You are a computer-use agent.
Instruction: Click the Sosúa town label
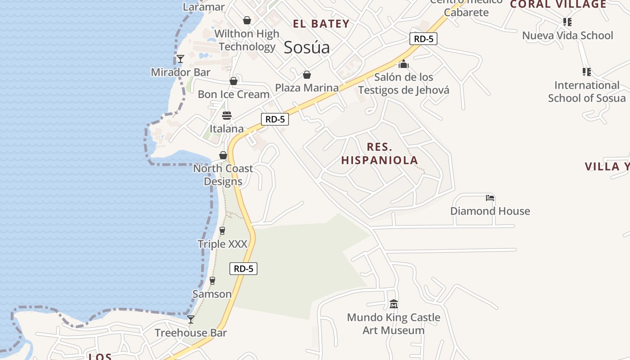point(306,47)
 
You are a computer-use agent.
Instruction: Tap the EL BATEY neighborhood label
point(321,24)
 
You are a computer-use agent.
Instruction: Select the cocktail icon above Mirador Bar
point(180,59)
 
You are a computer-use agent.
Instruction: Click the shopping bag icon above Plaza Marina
point(307,75)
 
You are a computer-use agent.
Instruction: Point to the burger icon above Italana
point(227,116)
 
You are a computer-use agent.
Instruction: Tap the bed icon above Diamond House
point(490,198)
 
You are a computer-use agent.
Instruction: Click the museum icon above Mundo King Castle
point(394,304)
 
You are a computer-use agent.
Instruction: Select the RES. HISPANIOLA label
point(379,153)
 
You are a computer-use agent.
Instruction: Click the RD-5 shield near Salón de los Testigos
point(423,39)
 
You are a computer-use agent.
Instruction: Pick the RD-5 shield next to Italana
point(275,119)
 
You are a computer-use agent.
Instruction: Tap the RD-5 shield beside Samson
point(243,269)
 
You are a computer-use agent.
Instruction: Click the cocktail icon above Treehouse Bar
point(191,319)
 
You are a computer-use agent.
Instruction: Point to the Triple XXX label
point(223,244)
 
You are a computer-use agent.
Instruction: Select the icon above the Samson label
point(212,281)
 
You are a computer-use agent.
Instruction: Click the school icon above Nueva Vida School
point(567,22)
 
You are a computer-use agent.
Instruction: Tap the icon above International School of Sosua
point(586,72)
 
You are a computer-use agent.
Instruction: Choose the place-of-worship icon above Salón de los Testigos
point(403,64)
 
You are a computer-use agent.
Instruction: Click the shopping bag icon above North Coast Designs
point(223,155)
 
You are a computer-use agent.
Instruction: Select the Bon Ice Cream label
point(234,94)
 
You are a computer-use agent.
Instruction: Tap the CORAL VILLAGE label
point(558,4)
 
